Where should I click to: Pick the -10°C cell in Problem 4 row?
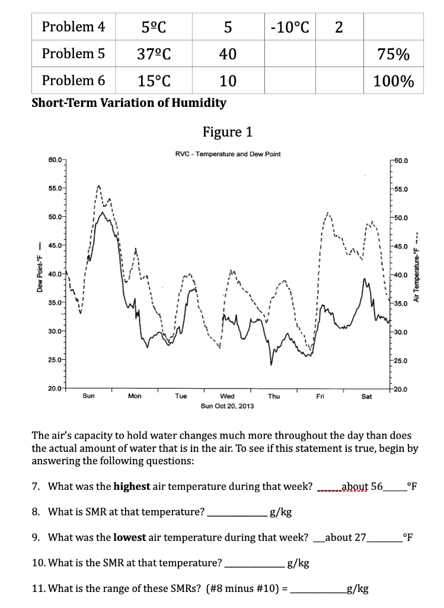point(288,27)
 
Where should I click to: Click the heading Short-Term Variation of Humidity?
point(129,103)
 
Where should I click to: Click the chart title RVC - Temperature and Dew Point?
point(228,154)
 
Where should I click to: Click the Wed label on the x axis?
point(227,396)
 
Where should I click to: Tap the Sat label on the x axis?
point(366,396)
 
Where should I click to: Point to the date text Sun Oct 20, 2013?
point(228,406)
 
